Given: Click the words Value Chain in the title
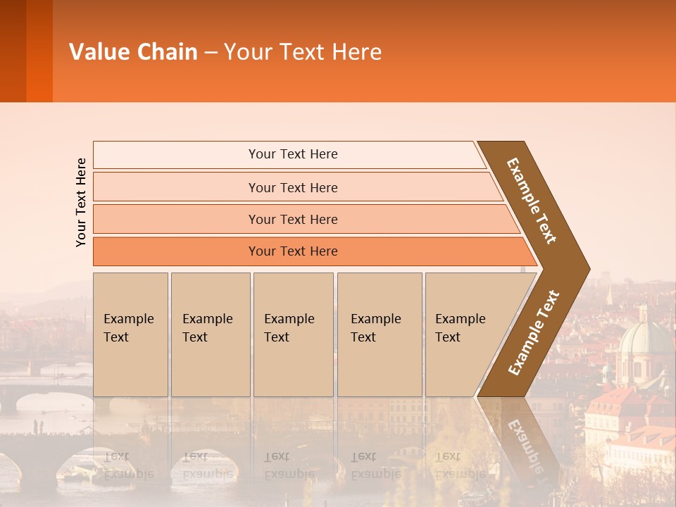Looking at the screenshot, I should pyautogui.click(x=133, y=52).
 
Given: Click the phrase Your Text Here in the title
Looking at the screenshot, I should pyautogui.click(x=303, y=52).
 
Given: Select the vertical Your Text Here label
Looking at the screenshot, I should pyautogui.click(x=82, y=202).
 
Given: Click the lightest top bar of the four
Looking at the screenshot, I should pyautogui.click(x=293, y=154).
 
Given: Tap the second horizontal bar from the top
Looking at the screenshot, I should pyautogui.click(x=293, y=187).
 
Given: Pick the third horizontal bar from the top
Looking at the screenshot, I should pyautogui.click(x=293, y=219).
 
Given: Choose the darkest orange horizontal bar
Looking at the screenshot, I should pyautogui.click(x=293, y=251).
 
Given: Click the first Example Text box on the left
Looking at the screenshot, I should pyautogui.click(x=130, y=335).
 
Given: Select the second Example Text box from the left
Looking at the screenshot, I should pyautogui.click(x=210, y=335).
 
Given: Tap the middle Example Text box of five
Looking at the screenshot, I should pyautogui.click(x=293, y=335).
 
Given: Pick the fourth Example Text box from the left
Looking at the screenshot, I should pyautogui.click(x=379, y=335).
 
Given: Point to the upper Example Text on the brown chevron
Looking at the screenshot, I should pyautogui.click(x=532, y=201).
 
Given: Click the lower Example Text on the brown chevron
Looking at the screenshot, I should pyautogui.click(x=534, y=333).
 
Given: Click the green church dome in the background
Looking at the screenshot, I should pyautogui.click(x=644, y=338).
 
